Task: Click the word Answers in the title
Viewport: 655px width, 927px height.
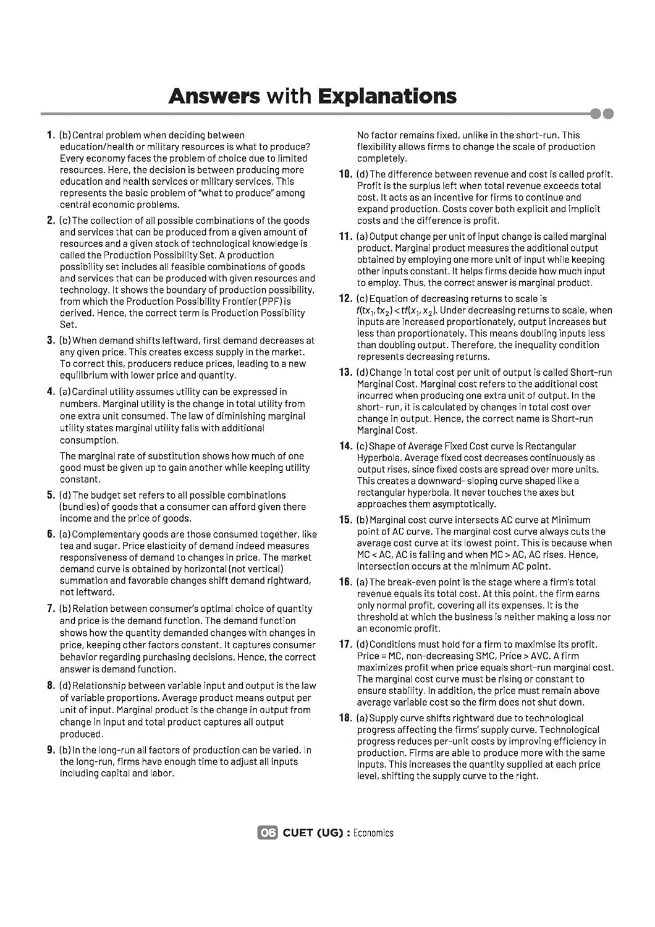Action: pyautogui.click(x=214, y=96)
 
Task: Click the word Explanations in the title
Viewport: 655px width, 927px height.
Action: pyautogui.click(x=387, y=96)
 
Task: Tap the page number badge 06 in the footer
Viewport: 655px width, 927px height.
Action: pyautogui.click(x=268, y=832)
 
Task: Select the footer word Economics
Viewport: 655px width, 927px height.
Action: pyautogui.click(x=373, y=833)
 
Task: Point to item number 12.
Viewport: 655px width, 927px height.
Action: pyautogui.click(x=345, y=298)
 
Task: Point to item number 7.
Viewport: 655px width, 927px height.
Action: pyautogui.click(x=51, y=609)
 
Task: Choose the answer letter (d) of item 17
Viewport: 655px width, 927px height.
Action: pyautogui.click(x=363, y=645)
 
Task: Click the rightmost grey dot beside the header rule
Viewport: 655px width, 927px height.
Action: pyautogui.click(x=608, y=114)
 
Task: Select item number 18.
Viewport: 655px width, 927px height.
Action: pyautogui.click(x=345, y=718)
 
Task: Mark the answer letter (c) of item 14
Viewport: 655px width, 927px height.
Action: pyautogui.click(x=363, y=446)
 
